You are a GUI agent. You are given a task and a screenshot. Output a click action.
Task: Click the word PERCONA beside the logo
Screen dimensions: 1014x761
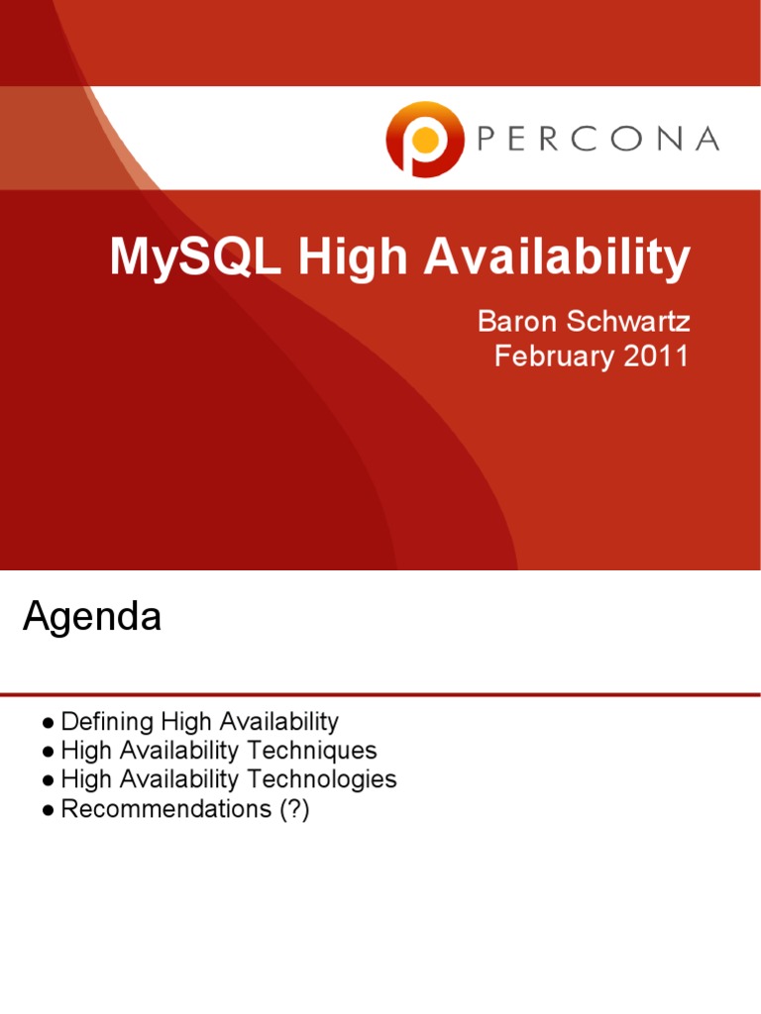click(598, 140)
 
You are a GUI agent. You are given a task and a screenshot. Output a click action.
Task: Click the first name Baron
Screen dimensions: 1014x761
click(513, 322)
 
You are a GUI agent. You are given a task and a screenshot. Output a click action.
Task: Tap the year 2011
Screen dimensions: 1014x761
click(655, 355)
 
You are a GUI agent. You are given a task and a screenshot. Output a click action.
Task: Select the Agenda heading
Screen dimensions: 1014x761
click(91, 618)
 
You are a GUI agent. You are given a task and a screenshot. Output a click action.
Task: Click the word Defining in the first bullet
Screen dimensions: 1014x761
click(101, 722)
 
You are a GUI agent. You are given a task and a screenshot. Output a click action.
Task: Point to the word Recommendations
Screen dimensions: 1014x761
click(159, 809)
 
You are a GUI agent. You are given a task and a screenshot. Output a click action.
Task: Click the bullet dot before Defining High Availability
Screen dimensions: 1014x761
click(48, 723)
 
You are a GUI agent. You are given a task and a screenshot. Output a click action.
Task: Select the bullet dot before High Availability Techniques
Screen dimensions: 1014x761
click(48, 752)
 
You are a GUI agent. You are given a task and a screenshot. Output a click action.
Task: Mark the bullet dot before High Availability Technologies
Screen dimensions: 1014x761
click(48, 780)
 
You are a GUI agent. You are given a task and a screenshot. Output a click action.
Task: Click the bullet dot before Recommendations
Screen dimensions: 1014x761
click(48, 810)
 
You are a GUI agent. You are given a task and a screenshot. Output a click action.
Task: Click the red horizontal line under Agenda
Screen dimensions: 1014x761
click(380, 693)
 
